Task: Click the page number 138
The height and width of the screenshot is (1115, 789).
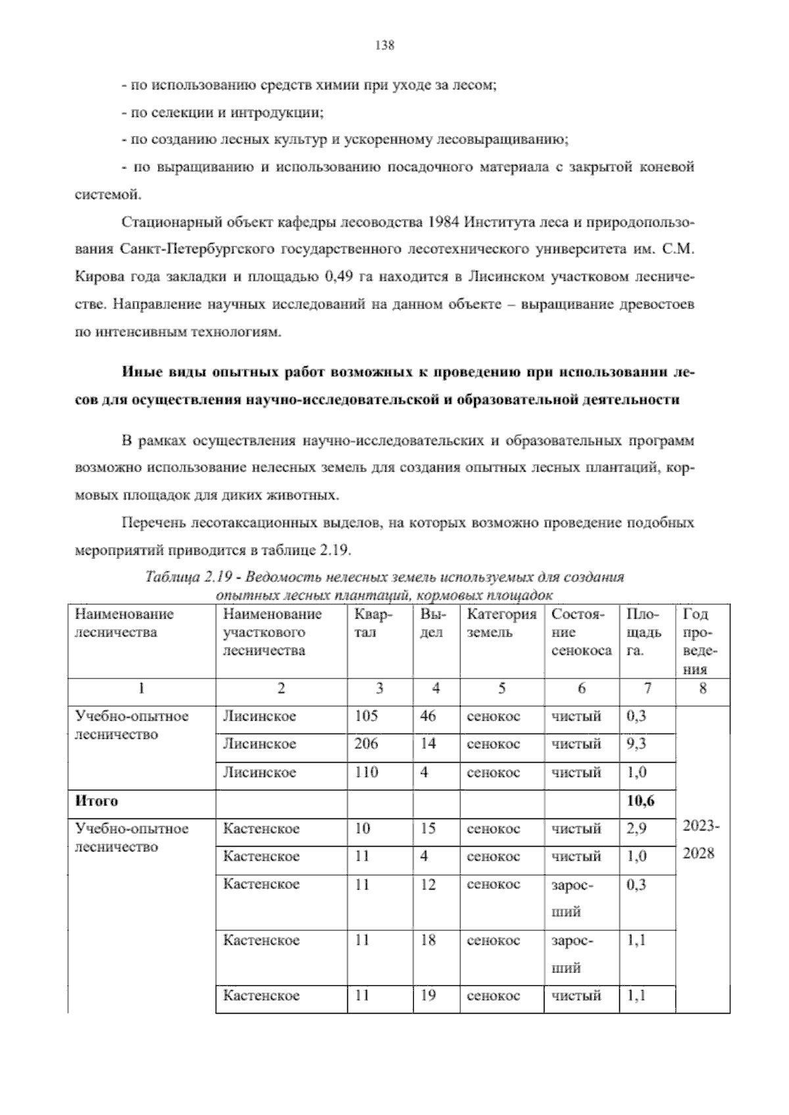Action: (384, 45)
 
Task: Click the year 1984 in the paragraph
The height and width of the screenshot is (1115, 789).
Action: (442, 222)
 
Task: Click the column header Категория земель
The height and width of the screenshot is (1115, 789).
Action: (501, 623)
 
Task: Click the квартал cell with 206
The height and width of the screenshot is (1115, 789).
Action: (366, 744)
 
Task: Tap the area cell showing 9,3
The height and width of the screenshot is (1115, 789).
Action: (636, 744)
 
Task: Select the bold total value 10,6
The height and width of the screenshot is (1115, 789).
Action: (640, 801)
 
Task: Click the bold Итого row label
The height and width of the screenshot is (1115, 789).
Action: (97, 801)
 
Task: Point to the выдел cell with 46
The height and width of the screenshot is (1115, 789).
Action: (427, 716)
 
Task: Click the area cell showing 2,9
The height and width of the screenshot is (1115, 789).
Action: (636, 828)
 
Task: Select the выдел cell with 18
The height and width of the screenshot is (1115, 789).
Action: (427, 940)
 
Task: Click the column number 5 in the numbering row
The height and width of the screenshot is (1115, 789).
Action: (502, 688)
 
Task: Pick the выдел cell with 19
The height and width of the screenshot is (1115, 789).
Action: (427, 995)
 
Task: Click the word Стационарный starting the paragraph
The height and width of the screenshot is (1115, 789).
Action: (161, 222)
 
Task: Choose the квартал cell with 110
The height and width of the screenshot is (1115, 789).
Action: (366, 772)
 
